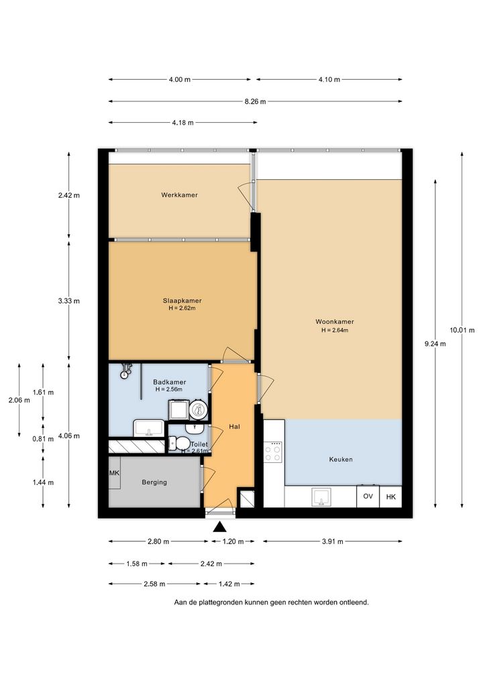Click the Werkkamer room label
179,195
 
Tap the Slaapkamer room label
182,301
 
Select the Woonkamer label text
335,321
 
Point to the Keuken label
341,459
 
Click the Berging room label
154,482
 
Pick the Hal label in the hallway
234,427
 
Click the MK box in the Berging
114,473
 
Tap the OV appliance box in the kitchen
368,496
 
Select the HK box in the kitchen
390,496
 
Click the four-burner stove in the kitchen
272,452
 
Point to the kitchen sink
321,497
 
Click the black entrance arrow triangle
221,527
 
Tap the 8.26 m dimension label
255,101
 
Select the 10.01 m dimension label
462,330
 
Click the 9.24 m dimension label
435,344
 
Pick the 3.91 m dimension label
332,541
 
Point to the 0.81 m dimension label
43,439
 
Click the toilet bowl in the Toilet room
179,443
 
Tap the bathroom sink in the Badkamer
148,428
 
